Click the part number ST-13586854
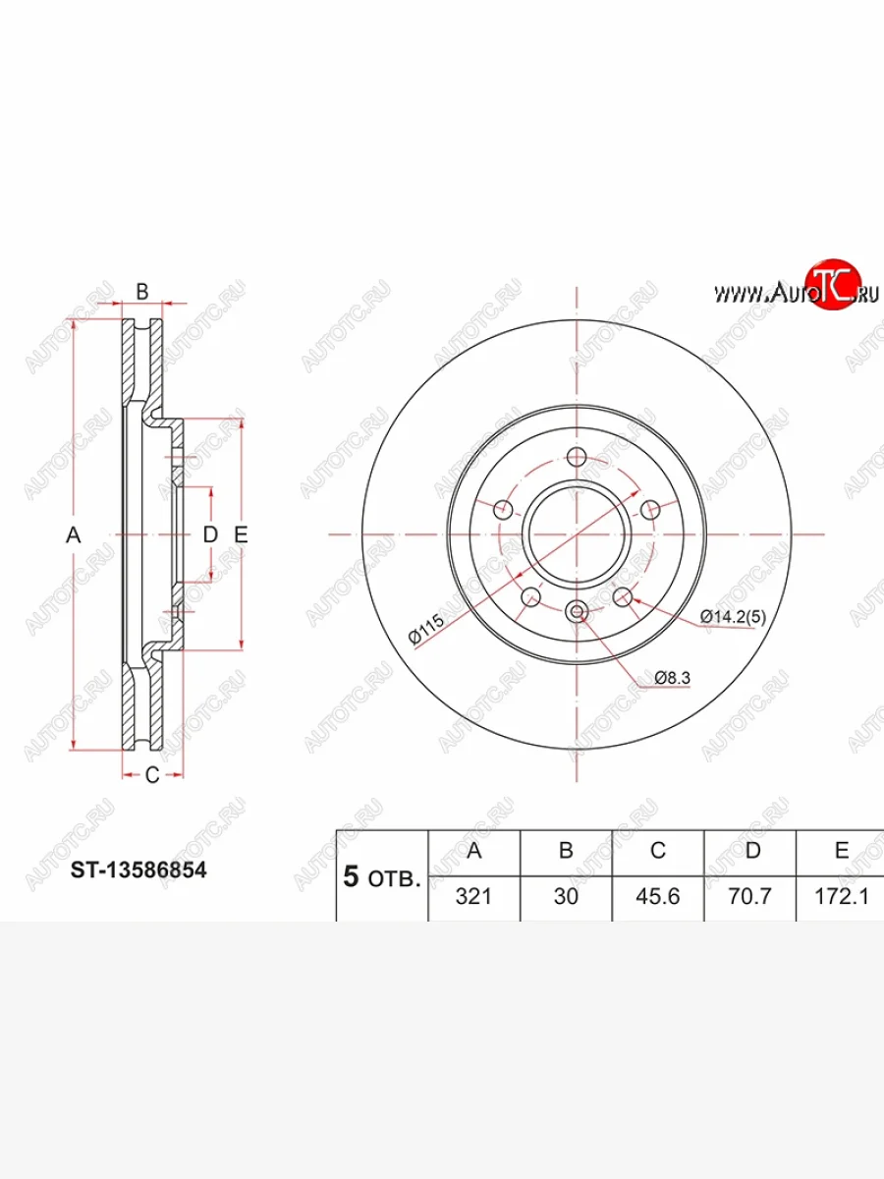138,870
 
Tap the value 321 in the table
473,897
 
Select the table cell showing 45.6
658,897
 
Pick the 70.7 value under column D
751,897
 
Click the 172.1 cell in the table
842,897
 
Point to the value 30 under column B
566,897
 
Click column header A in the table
473,851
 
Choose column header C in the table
658,851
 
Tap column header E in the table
842,851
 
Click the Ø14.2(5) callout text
732,616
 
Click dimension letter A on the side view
72,535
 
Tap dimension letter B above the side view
141,291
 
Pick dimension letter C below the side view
152,775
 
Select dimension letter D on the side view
209,535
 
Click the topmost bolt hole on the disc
577,458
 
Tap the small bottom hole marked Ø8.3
577,612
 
